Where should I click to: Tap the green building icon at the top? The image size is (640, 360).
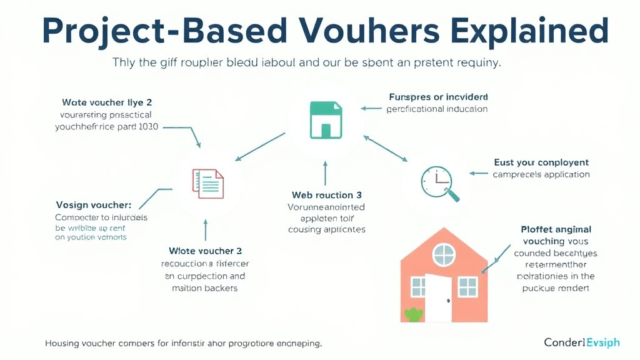(x=326, y=121)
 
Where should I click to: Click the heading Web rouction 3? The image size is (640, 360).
(x=327, y=195)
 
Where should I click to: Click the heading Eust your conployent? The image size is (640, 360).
(x=541, y=162)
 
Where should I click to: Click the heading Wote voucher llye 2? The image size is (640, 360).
(x=107, y=102)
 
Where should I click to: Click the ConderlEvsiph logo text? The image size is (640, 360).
(x=581, y=342)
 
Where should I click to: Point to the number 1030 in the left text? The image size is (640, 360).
(x=146, y=126)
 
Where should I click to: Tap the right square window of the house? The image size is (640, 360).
(x=467, y=287)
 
